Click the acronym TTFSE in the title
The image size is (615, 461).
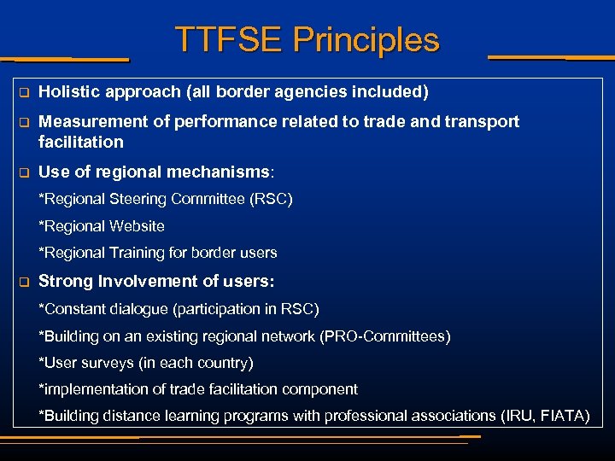[227, 40]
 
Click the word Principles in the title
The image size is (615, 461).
[366, 40]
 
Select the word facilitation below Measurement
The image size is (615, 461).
[81, 142]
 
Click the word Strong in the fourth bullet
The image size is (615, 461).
[65, 281]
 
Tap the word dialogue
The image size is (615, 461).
[133, 308]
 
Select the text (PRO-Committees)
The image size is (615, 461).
[384, 336]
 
